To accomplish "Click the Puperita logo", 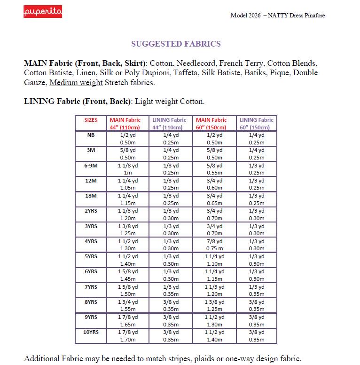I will tap(43, 12).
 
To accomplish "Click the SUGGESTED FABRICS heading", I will tap(176, 44).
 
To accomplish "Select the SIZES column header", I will tap(91, 120).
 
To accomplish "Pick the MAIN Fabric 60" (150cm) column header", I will tap(211, 124).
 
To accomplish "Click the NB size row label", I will tap(91, 135).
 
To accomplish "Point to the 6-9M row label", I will tap(91, 166).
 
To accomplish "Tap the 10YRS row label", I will tap(91, 332).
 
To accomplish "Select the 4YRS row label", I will tap(91, 241).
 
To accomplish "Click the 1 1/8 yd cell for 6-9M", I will tap(128, 166).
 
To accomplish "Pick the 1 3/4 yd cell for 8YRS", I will tap(128, 302).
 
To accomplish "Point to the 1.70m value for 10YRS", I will tap(128, 340).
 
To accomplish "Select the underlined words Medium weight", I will tap(76, 82).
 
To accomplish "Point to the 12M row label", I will tap(91, 181).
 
